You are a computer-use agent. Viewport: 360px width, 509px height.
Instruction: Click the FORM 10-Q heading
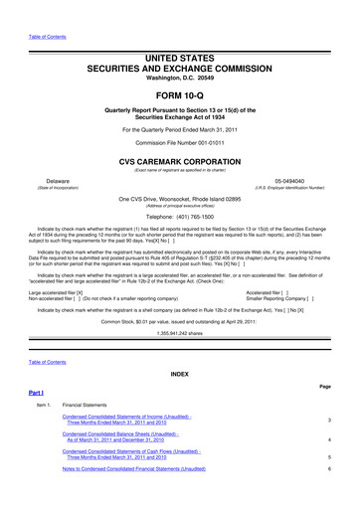180,69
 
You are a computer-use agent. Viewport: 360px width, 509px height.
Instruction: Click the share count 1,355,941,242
166,306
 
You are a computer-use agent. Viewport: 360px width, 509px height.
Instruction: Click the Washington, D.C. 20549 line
180,49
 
